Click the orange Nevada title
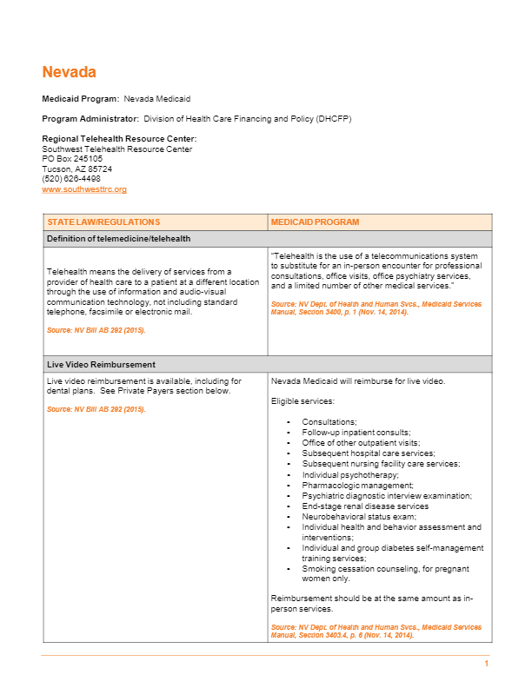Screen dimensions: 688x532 69,72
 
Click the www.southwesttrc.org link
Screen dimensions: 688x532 84,189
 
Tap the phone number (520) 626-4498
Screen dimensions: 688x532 71,179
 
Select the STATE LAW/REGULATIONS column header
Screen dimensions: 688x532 103,222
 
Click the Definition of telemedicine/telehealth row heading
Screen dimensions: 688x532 118,239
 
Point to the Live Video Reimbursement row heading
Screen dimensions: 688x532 100,365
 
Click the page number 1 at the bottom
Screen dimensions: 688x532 487,664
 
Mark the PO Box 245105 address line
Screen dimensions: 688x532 72,159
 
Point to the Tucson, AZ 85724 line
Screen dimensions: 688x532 76,169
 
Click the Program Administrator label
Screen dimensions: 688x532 90,118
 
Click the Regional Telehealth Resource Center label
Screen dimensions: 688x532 119,139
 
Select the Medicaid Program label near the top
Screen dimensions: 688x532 81,99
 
